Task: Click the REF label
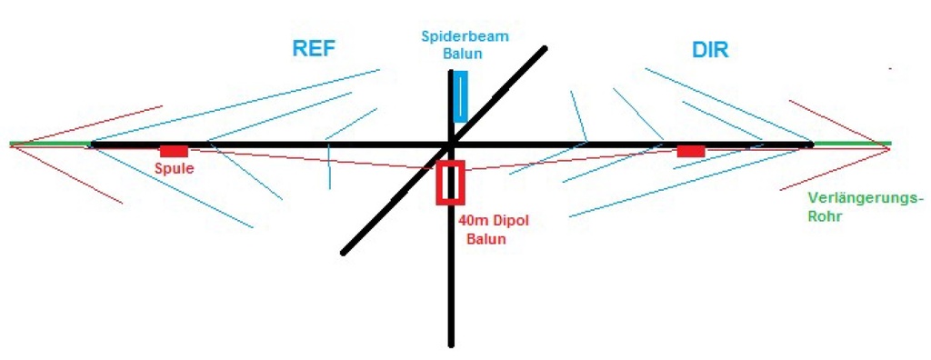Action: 314,48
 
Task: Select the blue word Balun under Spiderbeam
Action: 464,54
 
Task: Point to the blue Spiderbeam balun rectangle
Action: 460,98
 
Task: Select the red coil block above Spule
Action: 174,151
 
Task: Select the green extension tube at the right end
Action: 852,144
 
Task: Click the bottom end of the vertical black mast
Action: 451,344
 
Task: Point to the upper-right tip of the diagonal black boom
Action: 545,47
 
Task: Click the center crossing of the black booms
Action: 451,144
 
